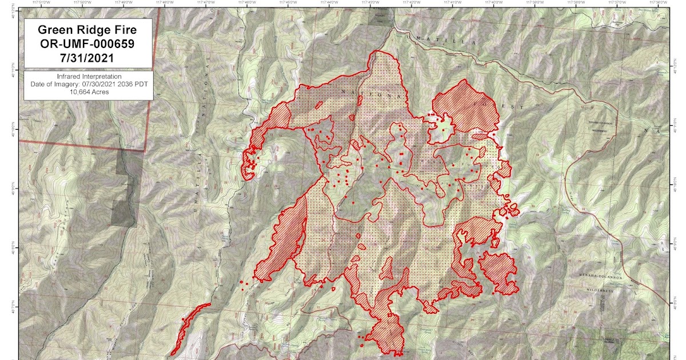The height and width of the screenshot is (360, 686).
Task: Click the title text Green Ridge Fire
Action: coord(88,30)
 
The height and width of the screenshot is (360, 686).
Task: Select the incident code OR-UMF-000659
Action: coord(88,44)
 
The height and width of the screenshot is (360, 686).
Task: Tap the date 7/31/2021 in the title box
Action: coord(88,58)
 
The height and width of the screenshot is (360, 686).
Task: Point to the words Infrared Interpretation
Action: coord(88,76)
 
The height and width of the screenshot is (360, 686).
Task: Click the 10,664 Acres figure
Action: coord(88,91)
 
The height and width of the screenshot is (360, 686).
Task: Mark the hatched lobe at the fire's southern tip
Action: coord(388,334)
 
